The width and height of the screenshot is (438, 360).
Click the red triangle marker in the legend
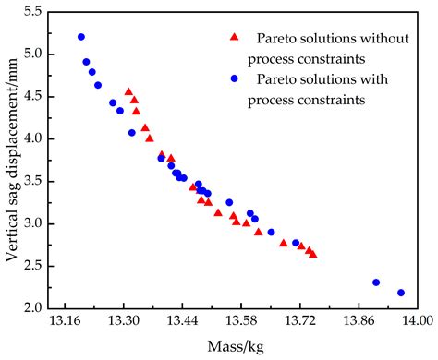234,37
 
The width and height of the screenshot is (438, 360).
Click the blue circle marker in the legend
234,79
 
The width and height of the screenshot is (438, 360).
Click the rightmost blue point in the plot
401,293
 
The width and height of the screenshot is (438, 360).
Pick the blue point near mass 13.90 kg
376,282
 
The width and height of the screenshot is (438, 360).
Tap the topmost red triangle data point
128,91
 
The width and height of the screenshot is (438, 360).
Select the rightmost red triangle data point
313,254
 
